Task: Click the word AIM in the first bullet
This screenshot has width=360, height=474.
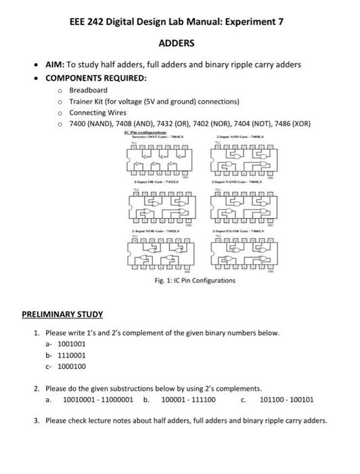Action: [54, 64]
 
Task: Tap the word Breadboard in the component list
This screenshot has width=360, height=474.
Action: [88, 90]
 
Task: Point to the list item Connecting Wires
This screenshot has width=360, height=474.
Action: [97, 112]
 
